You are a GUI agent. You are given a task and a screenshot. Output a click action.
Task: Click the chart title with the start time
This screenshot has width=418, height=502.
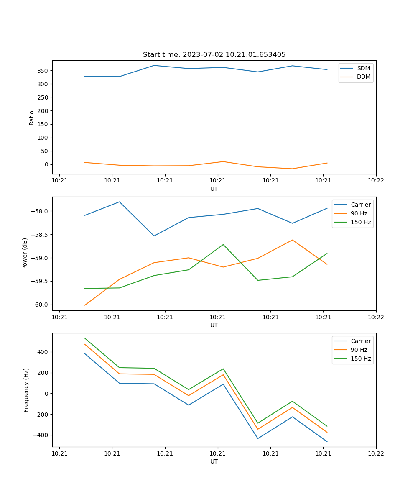click(x=214, y=55)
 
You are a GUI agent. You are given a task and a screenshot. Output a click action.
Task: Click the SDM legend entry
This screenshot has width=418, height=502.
click(x=363, y=68)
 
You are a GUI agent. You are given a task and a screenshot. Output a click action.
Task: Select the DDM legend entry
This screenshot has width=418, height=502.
click(x=363, y=77)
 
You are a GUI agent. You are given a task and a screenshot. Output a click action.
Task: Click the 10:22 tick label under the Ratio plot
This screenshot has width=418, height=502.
click(x=376, y=181)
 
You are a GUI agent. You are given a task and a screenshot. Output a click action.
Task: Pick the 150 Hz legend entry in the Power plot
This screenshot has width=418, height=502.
click(x=361, y=222)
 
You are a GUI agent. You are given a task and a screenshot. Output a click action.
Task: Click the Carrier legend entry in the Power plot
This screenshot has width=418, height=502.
click(x=361, y=205)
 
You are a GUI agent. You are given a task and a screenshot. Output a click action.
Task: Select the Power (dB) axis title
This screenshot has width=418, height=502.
click(x=25, y=254)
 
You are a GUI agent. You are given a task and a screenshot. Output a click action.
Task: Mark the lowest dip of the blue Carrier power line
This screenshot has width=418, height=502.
click(x=154, y=236)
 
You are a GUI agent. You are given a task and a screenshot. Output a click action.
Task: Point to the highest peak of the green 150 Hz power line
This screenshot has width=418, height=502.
click(x=223, y=244)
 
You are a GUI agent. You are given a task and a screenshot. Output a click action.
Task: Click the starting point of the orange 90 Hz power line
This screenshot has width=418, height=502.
click(x=85, y=305)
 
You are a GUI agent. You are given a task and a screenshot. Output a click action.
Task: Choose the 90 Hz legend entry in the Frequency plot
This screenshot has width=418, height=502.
click(x=359, y=350)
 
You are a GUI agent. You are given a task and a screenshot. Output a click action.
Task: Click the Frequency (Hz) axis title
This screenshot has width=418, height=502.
click(x=26, y=390)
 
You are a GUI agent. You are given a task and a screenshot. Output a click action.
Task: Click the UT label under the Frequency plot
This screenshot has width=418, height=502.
click(x=214, y=461)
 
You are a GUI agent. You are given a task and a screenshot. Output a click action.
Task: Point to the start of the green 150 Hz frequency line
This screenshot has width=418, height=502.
click(x=85, y=338)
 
